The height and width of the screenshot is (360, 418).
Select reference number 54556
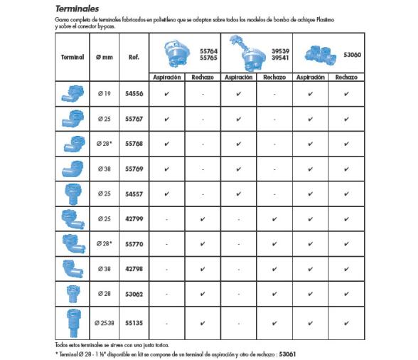pos(134,92)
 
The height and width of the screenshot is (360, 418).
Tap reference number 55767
pos(134,118)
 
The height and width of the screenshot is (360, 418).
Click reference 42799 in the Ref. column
pos(134,218)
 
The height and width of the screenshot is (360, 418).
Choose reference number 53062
pos(134,292)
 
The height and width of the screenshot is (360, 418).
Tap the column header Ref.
pos(134,57)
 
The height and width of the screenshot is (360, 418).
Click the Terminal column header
pos(70,57)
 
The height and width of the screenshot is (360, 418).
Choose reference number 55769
pos(134,168)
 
